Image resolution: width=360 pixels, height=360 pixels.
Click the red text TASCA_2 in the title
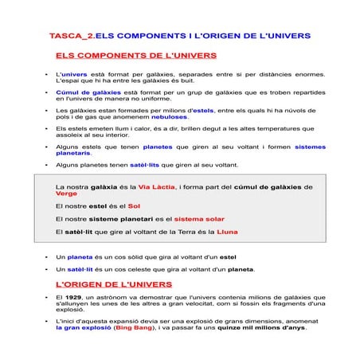coord(70,37)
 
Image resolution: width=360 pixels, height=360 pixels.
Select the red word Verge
coord(67,194)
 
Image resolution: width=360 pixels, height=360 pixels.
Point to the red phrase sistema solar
coord(200,218)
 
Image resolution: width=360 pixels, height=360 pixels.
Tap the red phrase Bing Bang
coord(135,327)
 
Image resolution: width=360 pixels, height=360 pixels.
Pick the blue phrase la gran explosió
coord(83,327)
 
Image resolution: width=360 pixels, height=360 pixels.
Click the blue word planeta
coord(80,257)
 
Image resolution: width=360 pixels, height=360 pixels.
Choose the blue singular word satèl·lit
coord(80,269)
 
